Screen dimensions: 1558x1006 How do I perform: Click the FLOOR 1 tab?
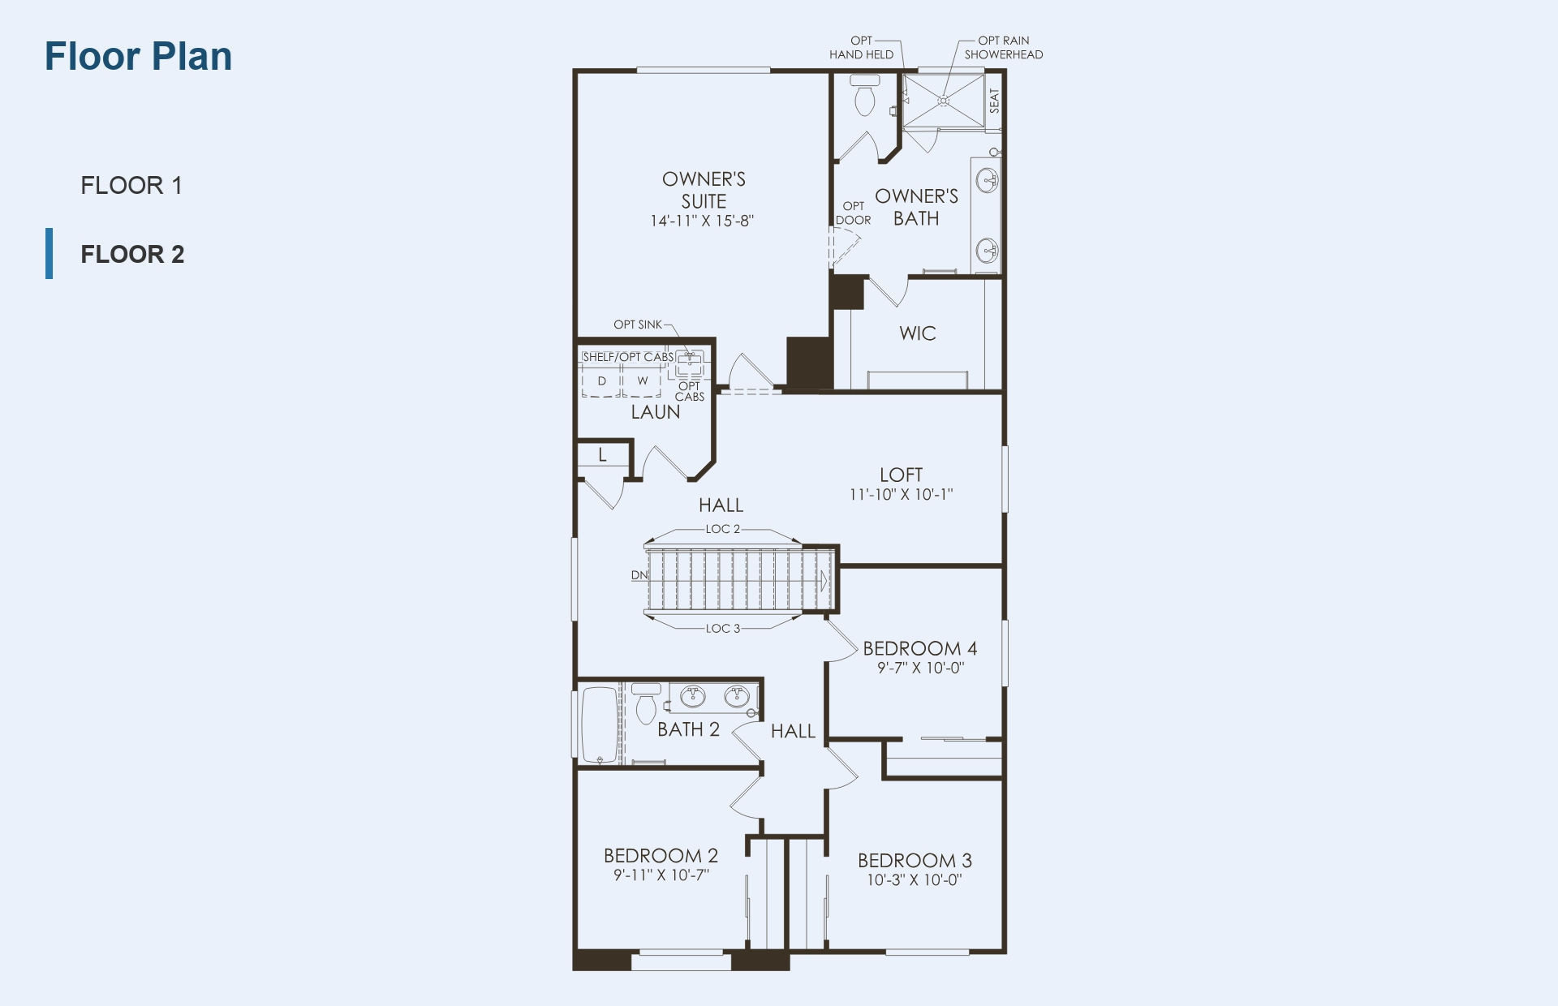tap(131, 185)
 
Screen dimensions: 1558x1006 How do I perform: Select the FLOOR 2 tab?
tap(132, 254)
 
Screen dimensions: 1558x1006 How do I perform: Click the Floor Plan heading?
tap(138, 56)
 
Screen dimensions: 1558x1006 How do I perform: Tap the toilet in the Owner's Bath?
tap(864, 94)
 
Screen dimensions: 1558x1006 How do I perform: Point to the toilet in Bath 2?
tap(646, 703)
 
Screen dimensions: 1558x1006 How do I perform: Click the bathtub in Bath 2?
tap(600, 726)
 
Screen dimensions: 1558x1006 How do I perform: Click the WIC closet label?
tap(918, 333)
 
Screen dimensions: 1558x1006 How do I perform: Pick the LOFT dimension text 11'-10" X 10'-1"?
tap(901, 494)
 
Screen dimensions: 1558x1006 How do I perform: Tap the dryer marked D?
tap(602, 380)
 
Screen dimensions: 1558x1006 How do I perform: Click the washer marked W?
tap(643, 380)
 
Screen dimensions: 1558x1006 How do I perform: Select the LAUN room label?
tap(656, 412)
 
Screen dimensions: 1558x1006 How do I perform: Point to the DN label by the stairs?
tap(639, 575)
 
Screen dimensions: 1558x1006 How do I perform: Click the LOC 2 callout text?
tap(723, 529)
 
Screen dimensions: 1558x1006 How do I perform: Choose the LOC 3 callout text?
tap(723, 628)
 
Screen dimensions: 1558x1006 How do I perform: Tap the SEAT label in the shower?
tap(995, 101)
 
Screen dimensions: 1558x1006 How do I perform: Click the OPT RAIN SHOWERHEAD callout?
tap(1004, 48)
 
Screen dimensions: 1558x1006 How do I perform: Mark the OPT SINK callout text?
tap(638, 325)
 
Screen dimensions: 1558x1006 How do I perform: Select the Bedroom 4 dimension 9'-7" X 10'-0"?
tap(920, 669)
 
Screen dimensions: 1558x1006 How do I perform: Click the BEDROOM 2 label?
tap(661, 856)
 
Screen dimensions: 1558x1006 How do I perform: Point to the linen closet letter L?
tap(602, 455)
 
